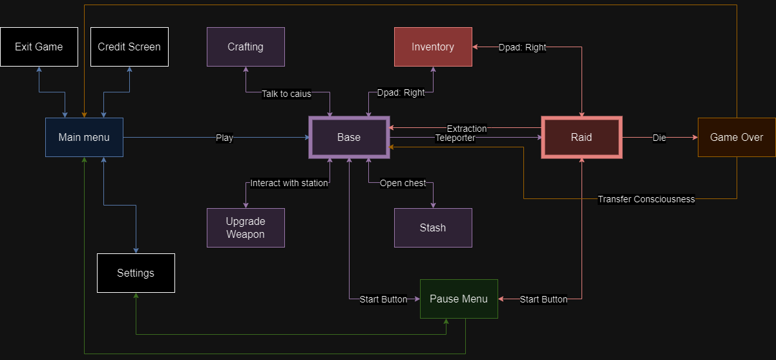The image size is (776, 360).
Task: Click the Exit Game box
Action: click(39, 47)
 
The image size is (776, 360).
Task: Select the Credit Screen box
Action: click(129, 47)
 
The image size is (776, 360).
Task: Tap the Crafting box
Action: click(246, 47)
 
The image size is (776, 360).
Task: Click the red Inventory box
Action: click(433, 47)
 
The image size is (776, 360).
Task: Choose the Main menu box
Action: click(84, 137)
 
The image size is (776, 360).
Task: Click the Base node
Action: click(349, 137)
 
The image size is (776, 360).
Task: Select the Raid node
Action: click(582, 137)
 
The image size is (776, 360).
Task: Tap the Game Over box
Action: click(737, 137)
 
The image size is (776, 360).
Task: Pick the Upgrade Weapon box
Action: click(246, 228)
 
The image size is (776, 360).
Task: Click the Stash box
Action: click(433, 228)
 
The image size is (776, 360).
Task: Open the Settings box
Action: click(136, 273)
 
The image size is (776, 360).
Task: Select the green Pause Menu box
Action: click(459, 299)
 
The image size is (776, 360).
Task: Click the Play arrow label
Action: click(224, 138)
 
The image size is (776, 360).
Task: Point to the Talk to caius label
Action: click(286, 94)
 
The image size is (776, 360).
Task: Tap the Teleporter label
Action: click(455, 138)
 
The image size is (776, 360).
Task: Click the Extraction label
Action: click(467, 129)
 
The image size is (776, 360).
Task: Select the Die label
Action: click(659, 138)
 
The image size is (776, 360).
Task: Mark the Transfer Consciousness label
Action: click(646, 199)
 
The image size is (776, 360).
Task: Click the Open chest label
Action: click(403, 183)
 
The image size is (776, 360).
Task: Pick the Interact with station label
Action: click(289, 183)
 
